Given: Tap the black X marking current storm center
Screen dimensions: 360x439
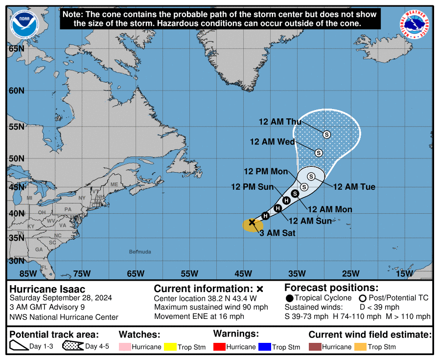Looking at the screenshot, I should (x=252, y=222).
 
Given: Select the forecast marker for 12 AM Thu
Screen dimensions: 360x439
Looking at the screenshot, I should (x=326, y=134).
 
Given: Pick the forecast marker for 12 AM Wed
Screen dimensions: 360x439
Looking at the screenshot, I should (x=319, y=153).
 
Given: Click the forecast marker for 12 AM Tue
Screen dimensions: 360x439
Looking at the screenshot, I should (x=311, y=176).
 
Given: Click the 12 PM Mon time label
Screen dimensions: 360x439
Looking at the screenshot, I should (x=266, y=171).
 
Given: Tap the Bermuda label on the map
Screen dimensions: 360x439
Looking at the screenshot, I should (x=140, y=252).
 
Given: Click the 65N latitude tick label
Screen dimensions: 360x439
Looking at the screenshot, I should (x=17, y=48).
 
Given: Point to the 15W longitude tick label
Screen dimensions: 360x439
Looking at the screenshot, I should (x=404, y=273).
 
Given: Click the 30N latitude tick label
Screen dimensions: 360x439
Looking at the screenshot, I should (x=17, y=261).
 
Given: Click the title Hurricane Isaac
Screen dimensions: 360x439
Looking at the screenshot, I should (x=47, y=289).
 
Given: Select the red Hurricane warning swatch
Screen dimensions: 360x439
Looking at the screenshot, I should (x=221, y=347).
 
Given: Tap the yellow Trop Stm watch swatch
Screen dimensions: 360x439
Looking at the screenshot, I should (x=170, y=347).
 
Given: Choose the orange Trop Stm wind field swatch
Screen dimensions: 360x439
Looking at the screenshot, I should (x=361, y=347).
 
